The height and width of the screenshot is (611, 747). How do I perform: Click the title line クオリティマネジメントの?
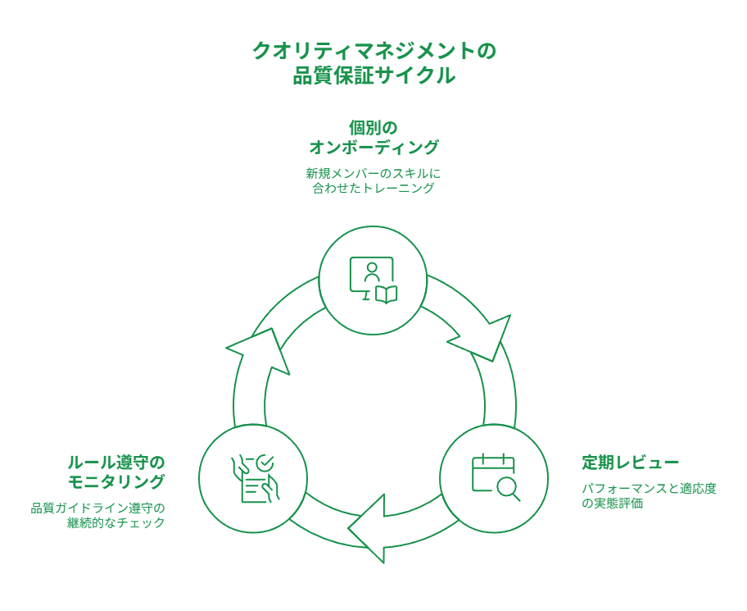tap(373, 51)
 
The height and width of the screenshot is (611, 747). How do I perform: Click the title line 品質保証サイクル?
tap(373, 76)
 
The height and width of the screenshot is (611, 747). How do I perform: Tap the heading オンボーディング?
tap(373, 148)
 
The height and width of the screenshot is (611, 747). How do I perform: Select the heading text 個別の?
tap(373, 127)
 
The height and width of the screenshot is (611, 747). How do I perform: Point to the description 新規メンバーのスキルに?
tap(373, 174)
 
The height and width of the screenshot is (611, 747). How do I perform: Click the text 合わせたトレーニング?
tap(373, 189)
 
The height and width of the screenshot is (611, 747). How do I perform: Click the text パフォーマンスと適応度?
tap(649, 489)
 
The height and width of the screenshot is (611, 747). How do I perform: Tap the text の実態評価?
tap(612, 504)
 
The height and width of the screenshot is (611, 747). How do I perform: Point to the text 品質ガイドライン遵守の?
tap(98, 508)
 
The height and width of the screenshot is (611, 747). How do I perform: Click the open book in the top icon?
tap(386, 294)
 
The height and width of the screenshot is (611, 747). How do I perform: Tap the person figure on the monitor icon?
tap(371, 272)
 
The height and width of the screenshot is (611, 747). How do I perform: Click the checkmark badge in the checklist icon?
tap(264, 463)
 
